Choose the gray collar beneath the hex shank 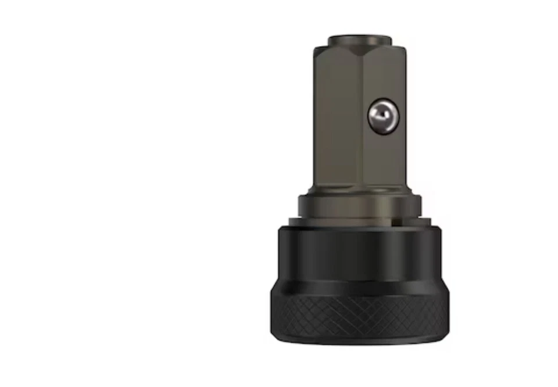[359, 205]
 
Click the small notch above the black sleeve [395, 220]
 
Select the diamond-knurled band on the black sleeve [359, 314]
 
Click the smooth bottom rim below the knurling [359, 339]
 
